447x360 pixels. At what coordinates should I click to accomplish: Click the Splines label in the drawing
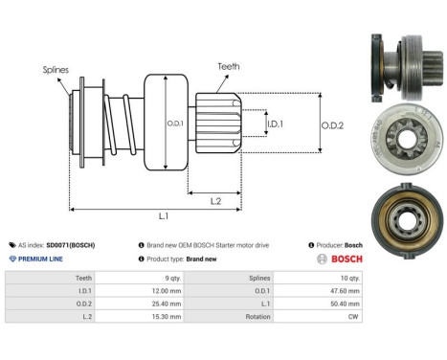(x=56, y=70)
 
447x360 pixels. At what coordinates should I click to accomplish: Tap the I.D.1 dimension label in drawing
(x=274, y=124)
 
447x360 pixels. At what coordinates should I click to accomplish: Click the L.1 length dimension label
(x=165, y=217)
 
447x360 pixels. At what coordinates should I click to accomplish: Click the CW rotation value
(x=355, y=316)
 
